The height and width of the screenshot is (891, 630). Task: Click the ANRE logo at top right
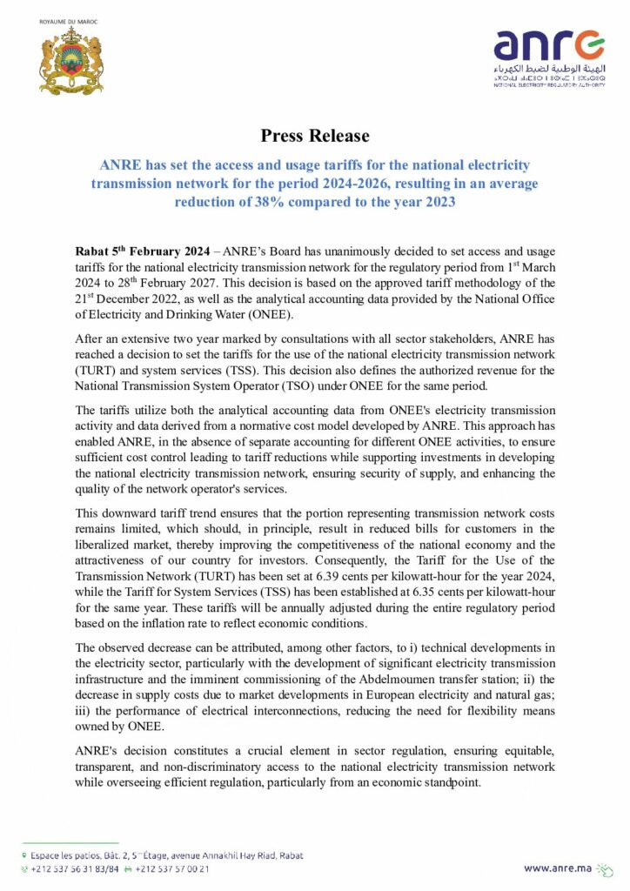pos(548,57)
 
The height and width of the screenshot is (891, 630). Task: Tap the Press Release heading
pos(315,136)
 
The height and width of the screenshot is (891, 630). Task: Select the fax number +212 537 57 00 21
pos(172,868)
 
